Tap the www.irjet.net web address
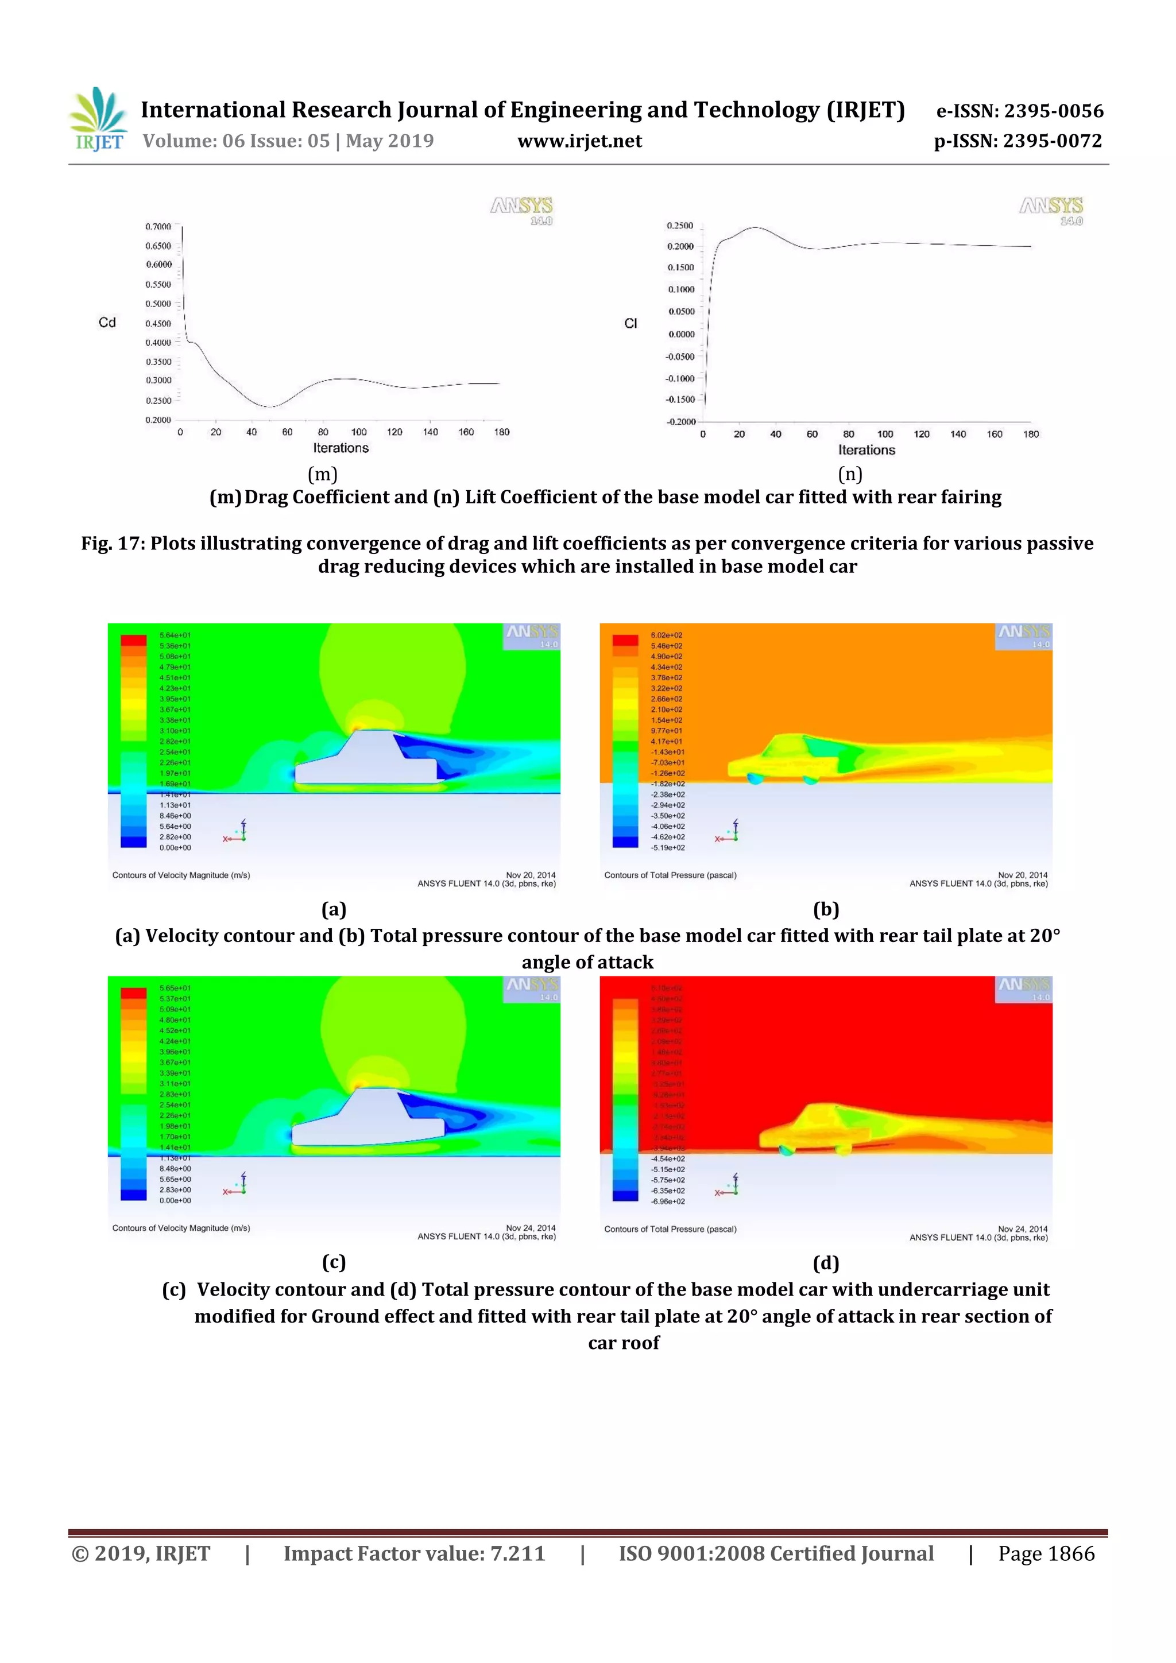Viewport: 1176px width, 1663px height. pyautogui.click(x=579, y=141)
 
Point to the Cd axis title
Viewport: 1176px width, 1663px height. pyautogui.click(x=107, y=322)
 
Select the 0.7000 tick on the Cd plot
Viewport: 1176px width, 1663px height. pyautogui.click(x=158, y=227)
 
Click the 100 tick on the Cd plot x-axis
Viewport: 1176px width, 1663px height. pyautogui.click(x=359, y=432)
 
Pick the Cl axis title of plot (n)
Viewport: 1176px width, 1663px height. pyautogui.click(x=630, y=324)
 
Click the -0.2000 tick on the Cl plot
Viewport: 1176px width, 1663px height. pyautogui.click(x=680, y=421)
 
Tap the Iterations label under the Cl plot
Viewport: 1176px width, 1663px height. pyautogui.click(x=866, y=450)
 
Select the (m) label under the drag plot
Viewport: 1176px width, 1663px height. pyautogui.click(x=323, y=474)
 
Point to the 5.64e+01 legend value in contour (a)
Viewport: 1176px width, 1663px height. pyautogui.click(x=175, y=635)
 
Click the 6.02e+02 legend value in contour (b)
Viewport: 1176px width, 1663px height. pyautogui.click(x=666, y=635)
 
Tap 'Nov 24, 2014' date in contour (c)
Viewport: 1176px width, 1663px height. pyautogui.click(x=531, y=1228)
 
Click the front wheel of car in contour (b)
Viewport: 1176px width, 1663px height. pyautogui.click(x=755, y=778)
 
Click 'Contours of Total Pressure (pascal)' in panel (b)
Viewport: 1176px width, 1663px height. pyautogui.click(x=670, y=875)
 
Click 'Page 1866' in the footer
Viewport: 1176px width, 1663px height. pyautogui.click(x=1046, y=1553)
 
